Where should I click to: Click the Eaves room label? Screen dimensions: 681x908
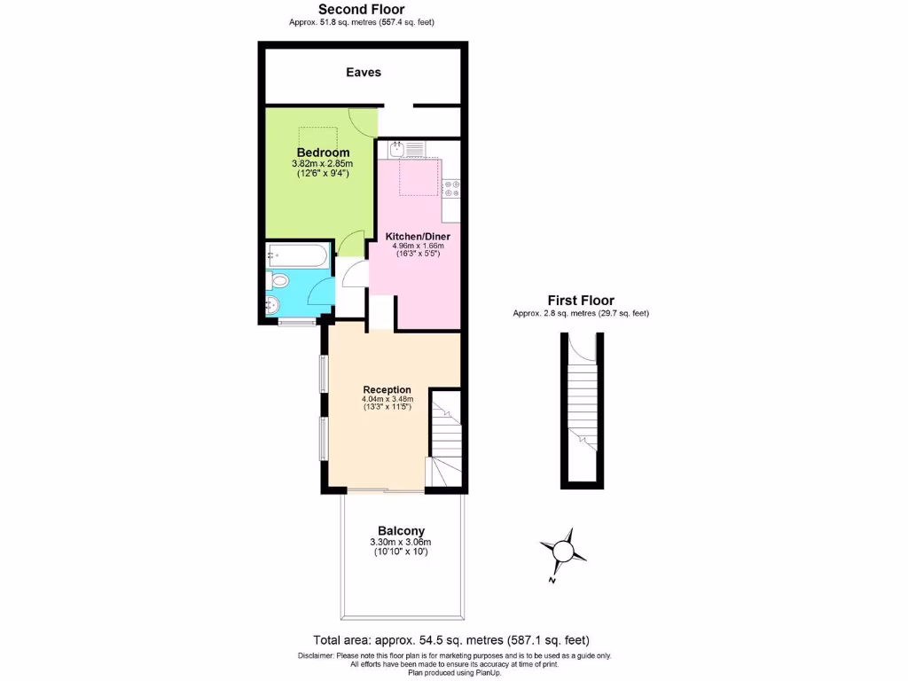pos(364,72)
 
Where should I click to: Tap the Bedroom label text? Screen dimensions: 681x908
pos(323,153)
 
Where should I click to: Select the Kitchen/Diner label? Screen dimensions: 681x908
pos(418,237)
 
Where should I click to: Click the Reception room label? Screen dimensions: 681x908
pos(387,389)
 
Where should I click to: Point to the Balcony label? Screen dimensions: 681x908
pos(401,531)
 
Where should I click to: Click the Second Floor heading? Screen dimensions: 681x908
pos(361,10)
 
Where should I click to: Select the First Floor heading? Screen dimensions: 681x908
pos(581,301)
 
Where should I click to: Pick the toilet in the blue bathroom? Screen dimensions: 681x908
pos(280,281)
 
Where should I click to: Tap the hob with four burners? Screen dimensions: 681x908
pos(451,188)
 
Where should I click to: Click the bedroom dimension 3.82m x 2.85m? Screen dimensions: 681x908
pos(323,164)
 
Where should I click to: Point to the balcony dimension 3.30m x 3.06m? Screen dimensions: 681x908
pos(401,543)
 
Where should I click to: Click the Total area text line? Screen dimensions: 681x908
pos(451,639)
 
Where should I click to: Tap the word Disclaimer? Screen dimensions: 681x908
pos(316,656)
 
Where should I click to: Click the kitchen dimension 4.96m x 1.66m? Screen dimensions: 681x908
pos(418,247)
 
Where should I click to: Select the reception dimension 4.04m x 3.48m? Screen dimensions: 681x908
pos(387,400)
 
